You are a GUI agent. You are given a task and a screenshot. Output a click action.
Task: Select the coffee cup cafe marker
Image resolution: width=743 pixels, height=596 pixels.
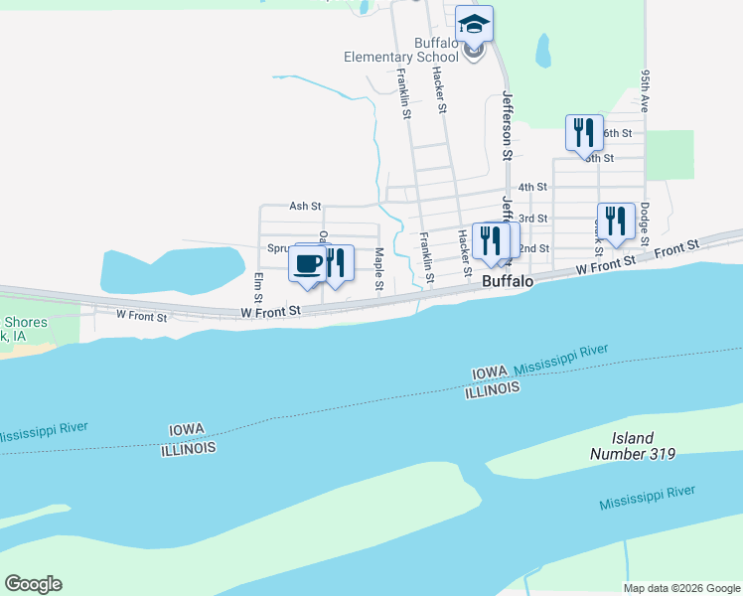[307, 264]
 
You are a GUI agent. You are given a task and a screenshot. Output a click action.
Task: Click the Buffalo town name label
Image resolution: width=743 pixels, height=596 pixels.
[508, 282]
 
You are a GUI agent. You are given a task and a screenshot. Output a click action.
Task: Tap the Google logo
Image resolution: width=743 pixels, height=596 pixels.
[33, 584]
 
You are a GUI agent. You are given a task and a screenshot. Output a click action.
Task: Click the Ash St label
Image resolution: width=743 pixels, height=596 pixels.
[305, 207]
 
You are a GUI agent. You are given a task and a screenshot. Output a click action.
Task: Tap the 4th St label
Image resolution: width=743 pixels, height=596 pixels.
[533, 187]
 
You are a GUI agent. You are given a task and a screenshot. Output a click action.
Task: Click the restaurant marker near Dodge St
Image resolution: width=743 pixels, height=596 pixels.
[615, 221]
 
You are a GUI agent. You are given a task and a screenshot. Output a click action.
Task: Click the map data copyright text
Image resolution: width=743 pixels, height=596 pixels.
[679, 588]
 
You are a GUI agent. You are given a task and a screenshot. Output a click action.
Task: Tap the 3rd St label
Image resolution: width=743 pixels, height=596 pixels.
[533, 219]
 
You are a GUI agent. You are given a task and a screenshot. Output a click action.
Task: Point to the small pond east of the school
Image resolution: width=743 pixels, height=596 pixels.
[543, 50]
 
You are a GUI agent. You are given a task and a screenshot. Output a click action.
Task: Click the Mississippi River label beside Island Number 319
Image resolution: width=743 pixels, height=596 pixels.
[647, 499]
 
